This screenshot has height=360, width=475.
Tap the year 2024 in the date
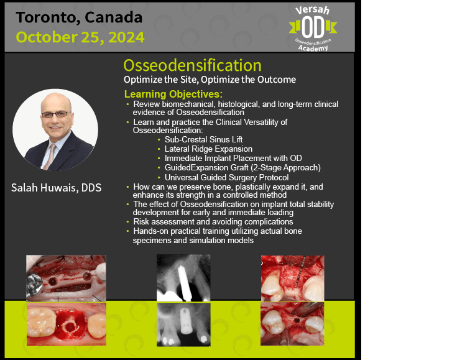(126, 37)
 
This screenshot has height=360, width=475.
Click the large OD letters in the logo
(313, 27)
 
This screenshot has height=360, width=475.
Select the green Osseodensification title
(192, 65)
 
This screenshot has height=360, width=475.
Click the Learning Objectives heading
(173, 94)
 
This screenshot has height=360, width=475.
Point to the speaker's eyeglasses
(55, 114)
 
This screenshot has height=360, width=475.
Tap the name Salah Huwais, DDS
(57, 188)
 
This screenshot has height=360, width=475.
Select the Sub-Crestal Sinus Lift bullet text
(203, 139)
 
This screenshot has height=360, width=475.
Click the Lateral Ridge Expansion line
(208, 149)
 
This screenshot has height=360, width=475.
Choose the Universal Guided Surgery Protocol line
(226, 177)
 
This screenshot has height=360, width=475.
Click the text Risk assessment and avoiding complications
(213, 222)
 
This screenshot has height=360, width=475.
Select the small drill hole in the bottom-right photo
(297, 320)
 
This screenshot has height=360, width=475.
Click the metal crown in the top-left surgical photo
(34, 285)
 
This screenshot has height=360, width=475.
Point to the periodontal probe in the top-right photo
(299, 272)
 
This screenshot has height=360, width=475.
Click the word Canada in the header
(114, 17)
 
